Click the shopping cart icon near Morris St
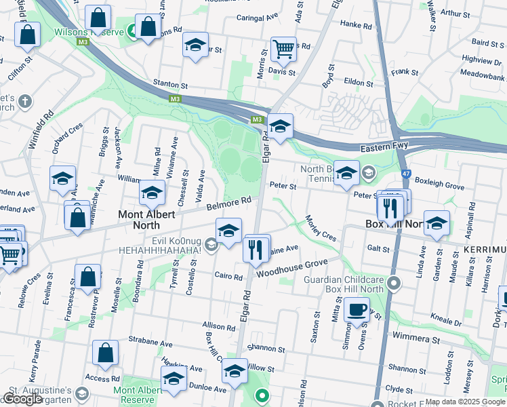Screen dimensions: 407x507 coord(283,48)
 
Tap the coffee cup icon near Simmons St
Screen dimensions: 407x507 coord(357,310)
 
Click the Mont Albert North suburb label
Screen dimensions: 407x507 coord(148,220)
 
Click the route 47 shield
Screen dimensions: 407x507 coord(405,174)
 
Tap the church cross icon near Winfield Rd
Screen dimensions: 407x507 coord(25,102)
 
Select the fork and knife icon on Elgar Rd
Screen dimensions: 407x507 coord(256,249)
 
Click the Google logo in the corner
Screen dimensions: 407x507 coord(22,398)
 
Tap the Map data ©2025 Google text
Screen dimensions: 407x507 coord(464,402)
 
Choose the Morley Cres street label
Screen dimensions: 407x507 coord(321,229)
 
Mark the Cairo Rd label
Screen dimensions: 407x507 coord(228,277)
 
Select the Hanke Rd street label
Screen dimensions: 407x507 coord(357,24)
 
